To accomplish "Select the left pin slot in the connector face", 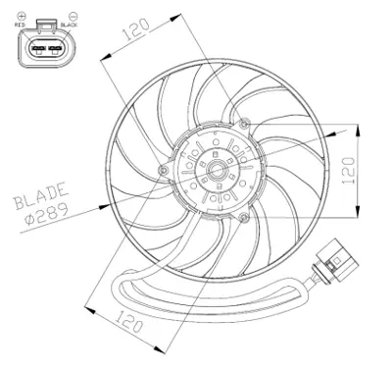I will pos(37,48).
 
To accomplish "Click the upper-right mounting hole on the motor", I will pos(245,124).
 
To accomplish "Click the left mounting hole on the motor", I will pos(163,173).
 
